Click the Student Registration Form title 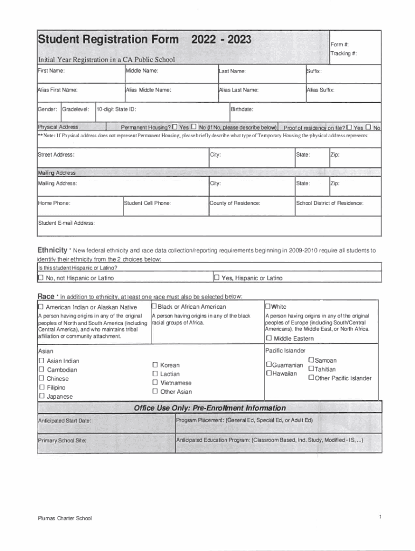tap(108, 40)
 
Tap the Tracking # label tap(344, 53)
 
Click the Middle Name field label tap(142, 71)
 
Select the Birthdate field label tap(242, 109)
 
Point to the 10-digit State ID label tap(116, 109)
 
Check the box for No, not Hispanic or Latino tap(40, 278)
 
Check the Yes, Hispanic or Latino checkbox tap(217, 278)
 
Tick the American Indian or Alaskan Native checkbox tap(40, 307)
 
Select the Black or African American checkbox tap(154, 307)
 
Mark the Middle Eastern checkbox tap(268, 338)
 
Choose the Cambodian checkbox tap(41, 370)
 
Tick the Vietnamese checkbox tap(155, 383)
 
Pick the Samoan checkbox tap(311, 360)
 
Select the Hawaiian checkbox tap(268, 373)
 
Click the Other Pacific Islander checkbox tap(311, 378)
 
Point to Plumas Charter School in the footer tap(65, 518)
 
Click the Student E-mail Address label tap(66, 223)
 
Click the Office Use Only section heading tap(210, 408)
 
